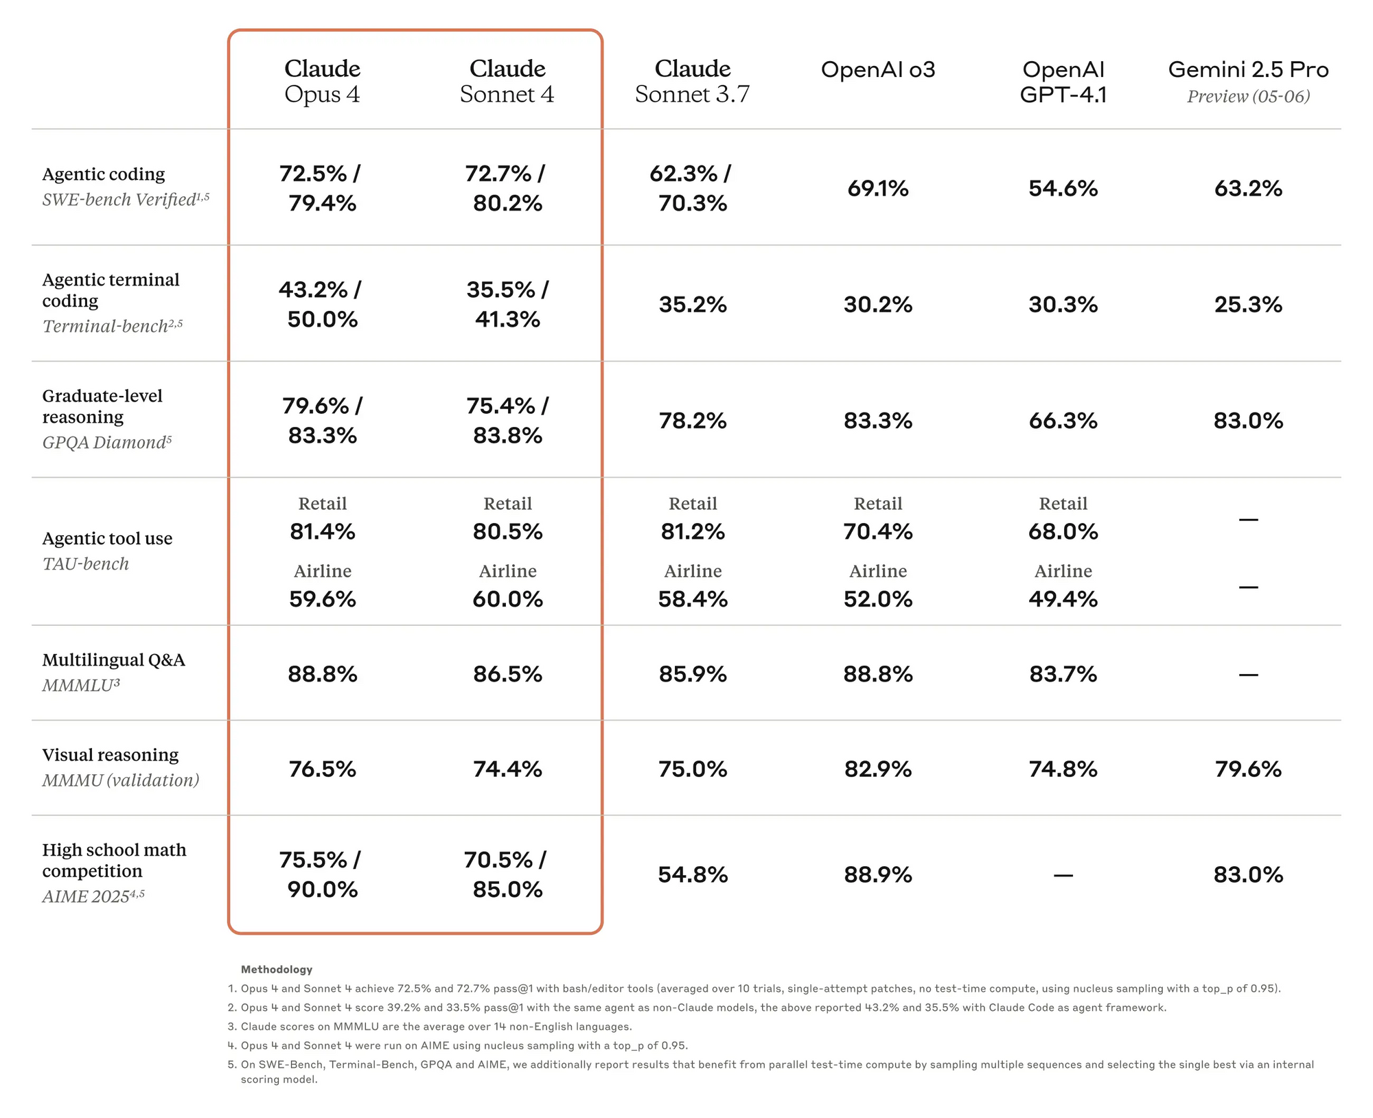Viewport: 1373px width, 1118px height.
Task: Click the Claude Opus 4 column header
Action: pyautogui.click(x=322, y=81)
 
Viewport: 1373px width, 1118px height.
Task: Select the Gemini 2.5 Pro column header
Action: pyautogui.click(x=1248, y=69)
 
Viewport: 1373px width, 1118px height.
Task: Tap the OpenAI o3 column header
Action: pyautogui.click(x=878, y=69)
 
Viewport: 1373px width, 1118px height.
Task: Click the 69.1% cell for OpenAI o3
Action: pyautogui.click(x=878, y=188)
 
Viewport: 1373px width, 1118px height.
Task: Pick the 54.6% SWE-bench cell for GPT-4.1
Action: pyautogui.click(x=1063, y=188)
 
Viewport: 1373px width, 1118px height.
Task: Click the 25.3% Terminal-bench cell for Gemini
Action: pyautogui.click(x=1248, y=304)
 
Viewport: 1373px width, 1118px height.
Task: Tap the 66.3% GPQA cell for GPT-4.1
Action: pyautogui.click(x=1063, y=420)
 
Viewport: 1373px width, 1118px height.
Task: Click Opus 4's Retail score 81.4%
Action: pyautogui.click(x=322, y=531)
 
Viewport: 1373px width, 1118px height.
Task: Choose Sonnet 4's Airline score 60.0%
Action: pyautogui.click(x=507, y=599)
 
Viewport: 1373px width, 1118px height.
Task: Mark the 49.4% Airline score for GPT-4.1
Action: pyautogui.click(x=1063, y=599)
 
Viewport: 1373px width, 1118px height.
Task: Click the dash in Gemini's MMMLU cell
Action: pyautogui.click(x=1248, y=675)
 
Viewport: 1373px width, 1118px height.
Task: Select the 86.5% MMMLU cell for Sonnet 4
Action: pyautogui.click(x=507, y=674)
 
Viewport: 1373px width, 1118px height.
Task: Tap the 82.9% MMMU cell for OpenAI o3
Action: pyautogui.click(x=878, y=769)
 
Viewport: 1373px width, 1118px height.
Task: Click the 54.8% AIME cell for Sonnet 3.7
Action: pyautogui.click(x=693, y=874)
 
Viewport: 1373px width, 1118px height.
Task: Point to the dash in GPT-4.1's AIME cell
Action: pyautogui.click(x=1063, y=875)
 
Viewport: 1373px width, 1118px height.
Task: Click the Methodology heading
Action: pyautogui.click(x=276, y=969)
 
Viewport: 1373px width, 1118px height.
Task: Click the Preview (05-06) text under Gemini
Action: pyautogui.click(x=1248, y=96)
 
